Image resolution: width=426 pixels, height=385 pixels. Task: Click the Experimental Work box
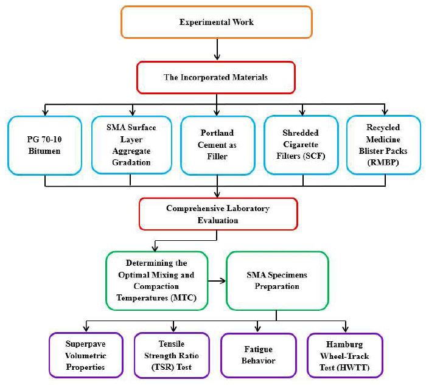click(x=217, y=23)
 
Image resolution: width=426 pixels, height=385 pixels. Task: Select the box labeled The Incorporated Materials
click(x=217, y=77)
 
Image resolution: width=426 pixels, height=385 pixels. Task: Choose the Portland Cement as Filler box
click(x=217, y=146)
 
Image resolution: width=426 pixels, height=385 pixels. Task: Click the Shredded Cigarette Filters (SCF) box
click(x=301, y=146)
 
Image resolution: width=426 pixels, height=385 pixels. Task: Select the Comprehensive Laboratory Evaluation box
click(x=217, y=214)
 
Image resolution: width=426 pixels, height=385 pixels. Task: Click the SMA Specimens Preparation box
click(x=277, y=282)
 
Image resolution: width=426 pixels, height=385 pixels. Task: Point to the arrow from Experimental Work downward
click(x=217, y=51)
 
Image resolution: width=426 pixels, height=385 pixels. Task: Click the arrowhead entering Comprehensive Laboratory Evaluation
click(x=217, y=195)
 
